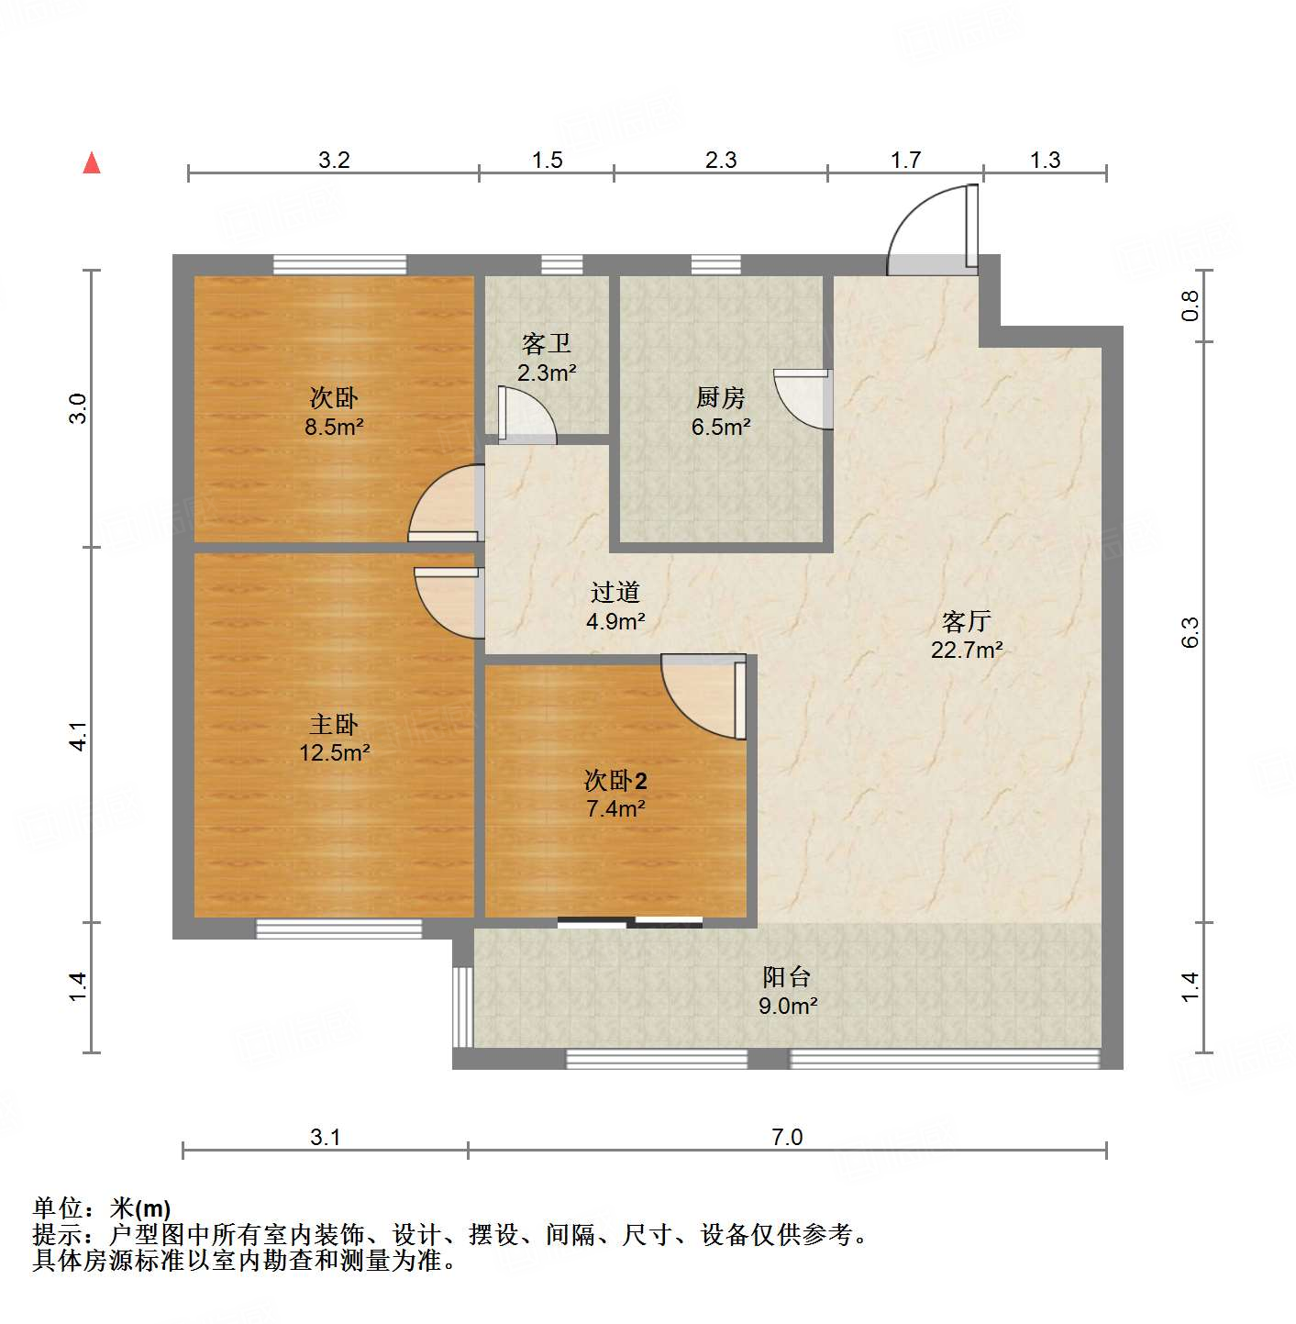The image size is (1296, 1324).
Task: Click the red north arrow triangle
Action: tap(92, 163)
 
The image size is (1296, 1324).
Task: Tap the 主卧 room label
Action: tap(334, 725)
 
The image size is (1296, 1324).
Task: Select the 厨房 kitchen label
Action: tap(721, 397)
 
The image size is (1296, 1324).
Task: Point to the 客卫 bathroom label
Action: tap(547, 344)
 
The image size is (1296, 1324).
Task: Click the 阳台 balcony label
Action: tap(787, 977)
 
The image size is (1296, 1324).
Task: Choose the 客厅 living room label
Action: tap(967, 622)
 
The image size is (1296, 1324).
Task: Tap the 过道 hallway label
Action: tap(615, 593)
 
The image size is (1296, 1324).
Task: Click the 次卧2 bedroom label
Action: tap(615, 781)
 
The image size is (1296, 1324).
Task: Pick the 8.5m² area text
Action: tap(334, 427)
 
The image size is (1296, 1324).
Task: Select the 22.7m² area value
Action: tap(967, 651)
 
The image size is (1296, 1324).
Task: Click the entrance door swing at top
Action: tap(932, 229)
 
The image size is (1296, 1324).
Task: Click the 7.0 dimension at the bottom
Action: tap(787, 1138)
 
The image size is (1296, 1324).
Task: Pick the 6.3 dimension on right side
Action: tap(1190, 632)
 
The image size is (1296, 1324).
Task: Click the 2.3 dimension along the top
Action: tap(721, 161)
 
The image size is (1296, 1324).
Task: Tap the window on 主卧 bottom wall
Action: tap(338, 929)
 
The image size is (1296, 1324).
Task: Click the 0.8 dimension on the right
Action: tap(1190, 306)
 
